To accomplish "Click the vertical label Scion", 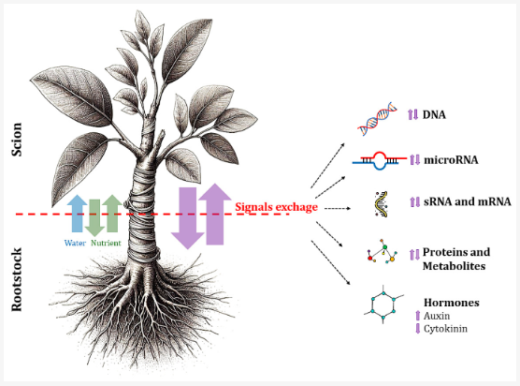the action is [x=17, y=140].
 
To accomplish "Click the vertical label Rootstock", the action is [x=17, y=280].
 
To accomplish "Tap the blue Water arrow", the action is [x=77, y=214].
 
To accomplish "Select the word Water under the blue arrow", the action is [x=75, y=244].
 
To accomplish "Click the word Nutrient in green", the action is [x=106, y=244].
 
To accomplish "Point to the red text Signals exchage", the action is [x=276, y=207].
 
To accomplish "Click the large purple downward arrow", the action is [x=188, y=218].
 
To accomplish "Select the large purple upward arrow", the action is [x=215, y=214].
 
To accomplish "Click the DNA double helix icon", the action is [x=378, y=119].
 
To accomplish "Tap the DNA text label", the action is [x=434, y=115].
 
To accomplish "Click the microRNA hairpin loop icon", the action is [x=380, y=160].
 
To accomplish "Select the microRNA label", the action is [x=451, y=160].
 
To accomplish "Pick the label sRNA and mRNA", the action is [x=468, y=201].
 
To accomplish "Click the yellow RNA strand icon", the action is [x=382, y=204].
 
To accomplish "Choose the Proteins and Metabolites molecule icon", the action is [x=383, y=251].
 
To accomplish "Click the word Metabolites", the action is [x=454, y=266].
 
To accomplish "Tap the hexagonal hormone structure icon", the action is [x=383, y=304].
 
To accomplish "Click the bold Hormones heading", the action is [x=452, y=303].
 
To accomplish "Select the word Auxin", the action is [x=437, y=316].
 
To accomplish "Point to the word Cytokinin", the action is [x=445, y=329].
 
